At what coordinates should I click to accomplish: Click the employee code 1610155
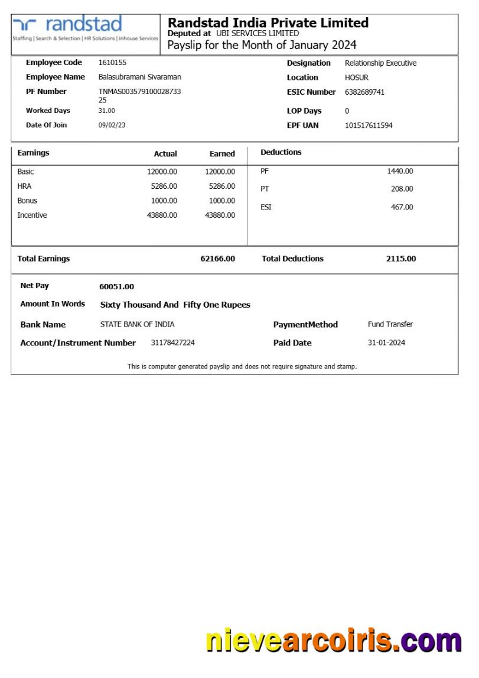pos(112,62)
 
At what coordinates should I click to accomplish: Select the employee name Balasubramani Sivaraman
pos(139,77)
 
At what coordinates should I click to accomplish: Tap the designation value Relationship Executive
pos(380,63)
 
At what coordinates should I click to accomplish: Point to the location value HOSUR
pos(357,78)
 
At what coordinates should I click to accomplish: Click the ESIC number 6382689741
pos(364,92)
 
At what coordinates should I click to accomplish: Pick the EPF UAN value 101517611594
pos(369,125)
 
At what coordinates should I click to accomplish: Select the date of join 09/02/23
pos(112,125)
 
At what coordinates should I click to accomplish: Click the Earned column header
pos(222,153)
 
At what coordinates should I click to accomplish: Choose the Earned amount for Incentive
pos(220,215)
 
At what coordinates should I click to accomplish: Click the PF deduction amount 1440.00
pos(400,171)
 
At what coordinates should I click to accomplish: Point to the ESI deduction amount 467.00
pos(402,207)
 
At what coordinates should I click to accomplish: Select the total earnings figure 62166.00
pos(217,259)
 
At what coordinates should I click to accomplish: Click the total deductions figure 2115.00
pos(401,259)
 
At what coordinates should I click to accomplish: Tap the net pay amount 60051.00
pos(116,286)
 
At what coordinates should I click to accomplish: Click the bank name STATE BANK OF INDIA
pos(137,324)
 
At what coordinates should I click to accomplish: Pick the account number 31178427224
pos(172,343)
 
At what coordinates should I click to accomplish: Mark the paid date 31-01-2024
pos(386,343)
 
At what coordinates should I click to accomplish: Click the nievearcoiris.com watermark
pos(333,641)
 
